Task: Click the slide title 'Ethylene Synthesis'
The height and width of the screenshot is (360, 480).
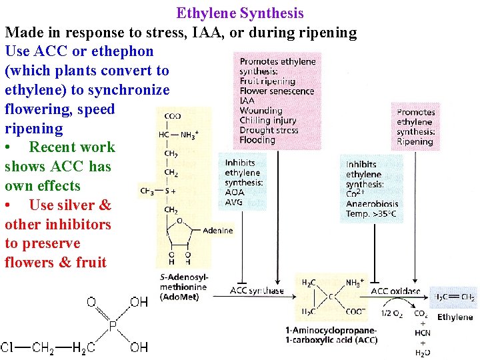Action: [240, 13]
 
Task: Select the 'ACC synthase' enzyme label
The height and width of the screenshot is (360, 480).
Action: [257, 291]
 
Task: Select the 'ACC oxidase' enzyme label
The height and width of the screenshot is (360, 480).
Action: [395, 291]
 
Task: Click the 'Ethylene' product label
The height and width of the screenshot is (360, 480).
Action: [455, 317]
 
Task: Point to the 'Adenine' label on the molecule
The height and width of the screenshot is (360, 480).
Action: [217, 231]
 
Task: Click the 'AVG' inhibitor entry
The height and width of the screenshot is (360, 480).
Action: [235, 202]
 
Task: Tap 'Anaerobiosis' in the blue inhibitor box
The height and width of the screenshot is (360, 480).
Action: [372, 204]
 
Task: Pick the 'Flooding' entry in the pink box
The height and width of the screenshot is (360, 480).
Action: [257, 140]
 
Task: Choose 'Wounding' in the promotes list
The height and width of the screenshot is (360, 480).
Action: [261, 111]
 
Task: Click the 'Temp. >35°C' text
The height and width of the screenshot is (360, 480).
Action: [371, 214]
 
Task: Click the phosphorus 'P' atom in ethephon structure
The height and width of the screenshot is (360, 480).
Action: [113, 326]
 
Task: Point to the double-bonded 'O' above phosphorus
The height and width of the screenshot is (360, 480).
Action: [91, 303]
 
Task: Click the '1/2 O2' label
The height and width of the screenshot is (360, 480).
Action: [391, 314]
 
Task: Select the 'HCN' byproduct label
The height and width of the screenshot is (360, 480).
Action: [421, 333]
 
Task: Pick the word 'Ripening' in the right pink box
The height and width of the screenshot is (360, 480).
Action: [415, 141]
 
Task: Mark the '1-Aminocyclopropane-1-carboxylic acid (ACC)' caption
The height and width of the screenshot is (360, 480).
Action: [331, 335]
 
